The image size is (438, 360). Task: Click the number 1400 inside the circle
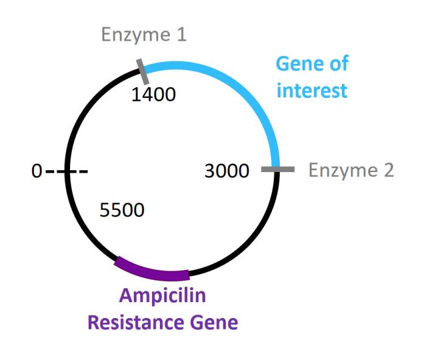click(153, 94)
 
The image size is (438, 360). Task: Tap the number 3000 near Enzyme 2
click(227, 171)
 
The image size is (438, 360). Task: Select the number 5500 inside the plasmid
click(122, 210)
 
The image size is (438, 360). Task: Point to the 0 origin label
click(36, 171)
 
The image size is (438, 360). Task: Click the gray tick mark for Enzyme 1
click(142, 72)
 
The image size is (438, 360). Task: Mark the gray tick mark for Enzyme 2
click(277, 169)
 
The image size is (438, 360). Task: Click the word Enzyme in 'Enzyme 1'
click(136, 35)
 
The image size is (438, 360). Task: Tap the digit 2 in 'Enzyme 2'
click(389, 170)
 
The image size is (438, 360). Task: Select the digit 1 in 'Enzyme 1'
click(181, 34)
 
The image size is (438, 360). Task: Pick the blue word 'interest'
click(312, 91)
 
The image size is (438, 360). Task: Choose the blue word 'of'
click(339, 63)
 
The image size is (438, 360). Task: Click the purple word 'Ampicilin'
click(162, 296)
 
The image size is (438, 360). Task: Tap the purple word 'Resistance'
click(136, 322)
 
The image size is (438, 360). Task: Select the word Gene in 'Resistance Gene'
click(214, 322)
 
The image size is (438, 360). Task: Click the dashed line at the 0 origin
click(67, 171)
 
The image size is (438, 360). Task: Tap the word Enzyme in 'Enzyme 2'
click(343, 171)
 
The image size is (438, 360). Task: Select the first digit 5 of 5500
click(105, 210)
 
